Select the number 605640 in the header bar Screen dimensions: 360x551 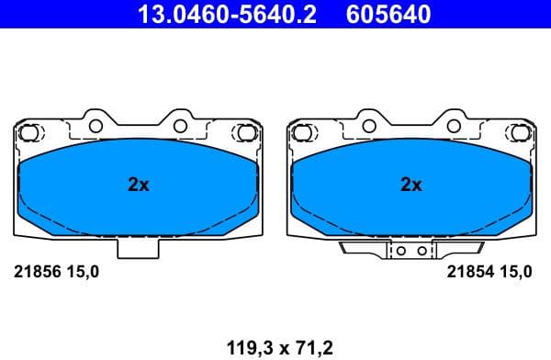tap(387, 14)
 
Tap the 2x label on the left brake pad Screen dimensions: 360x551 tap(138, 185)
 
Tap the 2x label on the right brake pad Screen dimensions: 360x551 tap(411, 185)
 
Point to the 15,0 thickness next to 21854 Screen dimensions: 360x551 tap(513, 271)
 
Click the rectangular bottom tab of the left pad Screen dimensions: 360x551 tap(138, 246)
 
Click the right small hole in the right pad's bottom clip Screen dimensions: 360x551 tap(422, 249)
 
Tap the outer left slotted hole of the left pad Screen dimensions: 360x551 tap(29, 132)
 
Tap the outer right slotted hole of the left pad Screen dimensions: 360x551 tap(246, 132)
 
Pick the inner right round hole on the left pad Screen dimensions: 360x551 tap(180, 124)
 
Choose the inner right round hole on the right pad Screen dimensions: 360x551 tap(453, 124)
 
